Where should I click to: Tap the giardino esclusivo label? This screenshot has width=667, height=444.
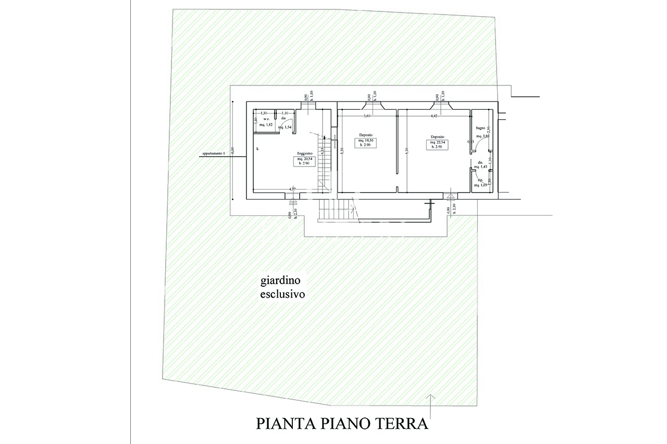[282, 288]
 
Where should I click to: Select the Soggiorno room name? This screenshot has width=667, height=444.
[305, 153]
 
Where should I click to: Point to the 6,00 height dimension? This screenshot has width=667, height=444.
[233, 150]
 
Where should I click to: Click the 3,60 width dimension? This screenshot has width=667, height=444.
[366, 116]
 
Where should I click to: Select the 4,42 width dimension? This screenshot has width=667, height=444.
[434, 116]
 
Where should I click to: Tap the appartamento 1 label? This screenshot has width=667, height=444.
[213, 154]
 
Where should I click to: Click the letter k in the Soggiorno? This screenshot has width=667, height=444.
[257, 149]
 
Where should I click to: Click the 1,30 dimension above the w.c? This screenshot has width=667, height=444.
[264, 113]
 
